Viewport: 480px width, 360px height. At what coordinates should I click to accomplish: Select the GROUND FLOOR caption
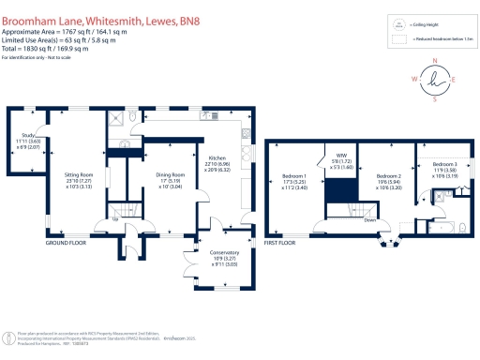click(66, 242)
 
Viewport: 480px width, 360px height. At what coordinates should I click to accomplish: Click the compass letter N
click(435, 61)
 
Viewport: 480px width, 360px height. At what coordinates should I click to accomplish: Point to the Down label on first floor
click(370, 221)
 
